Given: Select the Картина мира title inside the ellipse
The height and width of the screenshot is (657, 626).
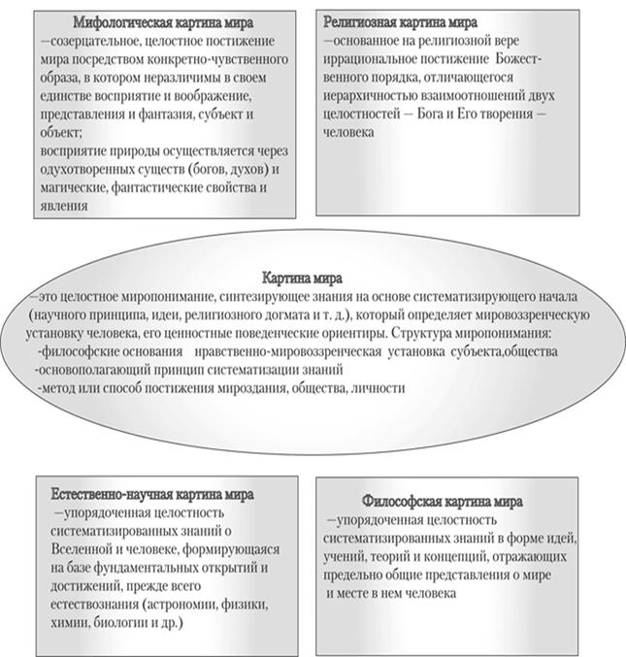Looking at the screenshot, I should pyautogui.click(x=312, y=276).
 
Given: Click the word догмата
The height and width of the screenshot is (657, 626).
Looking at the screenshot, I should pyautogui.click(x=331, y=315).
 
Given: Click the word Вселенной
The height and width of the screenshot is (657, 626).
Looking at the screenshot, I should pyautogui.click(x=74, y=549).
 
